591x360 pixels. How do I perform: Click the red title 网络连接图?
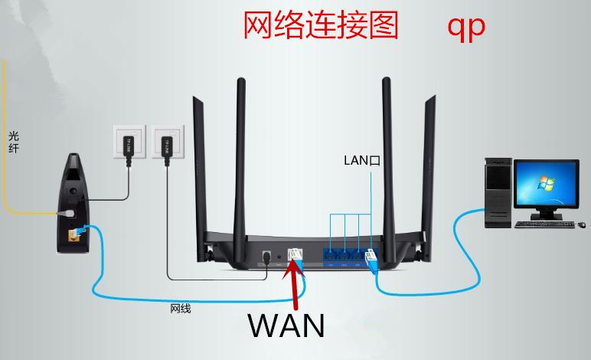click(321, 25)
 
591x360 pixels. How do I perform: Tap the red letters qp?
click(466, 26)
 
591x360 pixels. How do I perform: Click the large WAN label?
click(286, 325)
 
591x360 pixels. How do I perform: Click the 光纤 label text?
click(13, 142)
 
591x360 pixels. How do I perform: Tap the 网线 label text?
click(180, 309)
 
